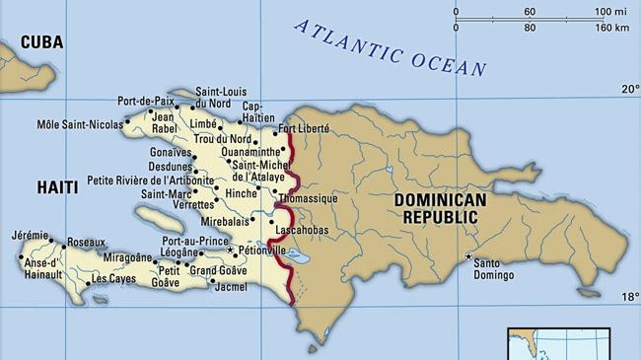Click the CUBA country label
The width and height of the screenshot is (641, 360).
point(41,42)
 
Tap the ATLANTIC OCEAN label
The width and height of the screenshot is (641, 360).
point(391,46)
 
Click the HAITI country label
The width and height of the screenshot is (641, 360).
point(57,186)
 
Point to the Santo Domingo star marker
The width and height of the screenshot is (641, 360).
point(467,256)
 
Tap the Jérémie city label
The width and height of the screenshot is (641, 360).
point(30,236)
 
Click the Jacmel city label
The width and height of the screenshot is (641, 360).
point(232,287)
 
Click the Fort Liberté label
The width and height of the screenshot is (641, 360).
point(304,129)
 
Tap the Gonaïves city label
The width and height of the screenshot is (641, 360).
point(197,154)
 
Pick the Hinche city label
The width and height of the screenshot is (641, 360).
point(242,193)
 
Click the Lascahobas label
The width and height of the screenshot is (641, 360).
point(303,230)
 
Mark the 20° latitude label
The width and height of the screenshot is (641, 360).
point(629,90)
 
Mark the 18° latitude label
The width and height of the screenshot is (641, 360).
point(629,296)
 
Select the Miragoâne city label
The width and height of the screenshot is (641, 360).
point(128,257)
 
